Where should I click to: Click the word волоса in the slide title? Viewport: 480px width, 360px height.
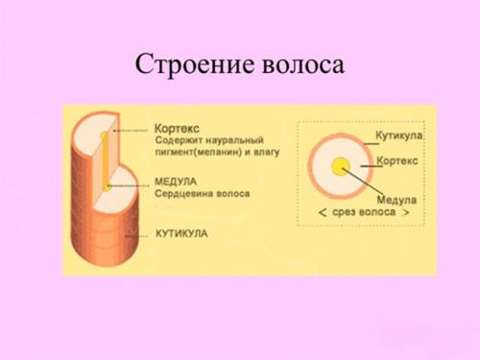(x=300, y=64)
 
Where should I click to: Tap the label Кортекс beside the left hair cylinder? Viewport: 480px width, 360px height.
(x=179, y=128)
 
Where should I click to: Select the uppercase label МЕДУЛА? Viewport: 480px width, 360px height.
(x=177, y=180)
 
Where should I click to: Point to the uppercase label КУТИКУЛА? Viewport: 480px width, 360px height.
(x=181, y=233)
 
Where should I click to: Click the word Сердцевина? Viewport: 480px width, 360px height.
(x=183, y=193)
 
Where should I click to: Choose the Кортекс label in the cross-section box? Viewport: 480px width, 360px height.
(x=396, y=161)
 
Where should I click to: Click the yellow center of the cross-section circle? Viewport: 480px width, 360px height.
(x=338, y=167)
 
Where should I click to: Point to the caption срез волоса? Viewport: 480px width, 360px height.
(x=365, y=211)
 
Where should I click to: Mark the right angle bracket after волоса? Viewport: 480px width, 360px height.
(x=407, y=211)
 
